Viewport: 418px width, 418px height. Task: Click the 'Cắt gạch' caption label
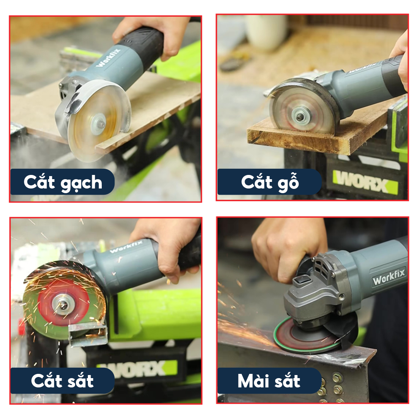63,182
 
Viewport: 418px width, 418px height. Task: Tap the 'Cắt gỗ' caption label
269,182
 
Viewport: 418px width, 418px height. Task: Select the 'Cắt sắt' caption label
63,381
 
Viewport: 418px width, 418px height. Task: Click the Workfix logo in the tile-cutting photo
108,58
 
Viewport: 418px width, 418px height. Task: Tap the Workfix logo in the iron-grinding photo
389,277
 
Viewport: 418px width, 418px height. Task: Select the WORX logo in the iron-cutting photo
141,370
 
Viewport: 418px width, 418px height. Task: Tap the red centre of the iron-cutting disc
63,303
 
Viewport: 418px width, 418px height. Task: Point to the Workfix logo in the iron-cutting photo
126,247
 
